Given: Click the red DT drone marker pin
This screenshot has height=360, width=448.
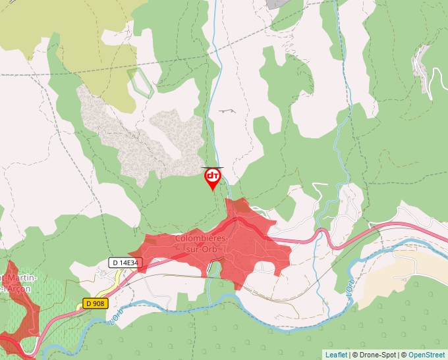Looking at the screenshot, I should click(x=213, y=178).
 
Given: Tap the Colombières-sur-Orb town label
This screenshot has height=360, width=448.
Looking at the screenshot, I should click(x=202, y=242).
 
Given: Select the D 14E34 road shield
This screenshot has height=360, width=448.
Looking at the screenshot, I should click(x=124, y=263).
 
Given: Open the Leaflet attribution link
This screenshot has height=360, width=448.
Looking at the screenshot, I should click(x=336, y=355).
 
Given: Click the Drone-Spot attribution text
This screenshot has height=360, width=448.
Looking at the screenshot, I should click(x=374, y=355).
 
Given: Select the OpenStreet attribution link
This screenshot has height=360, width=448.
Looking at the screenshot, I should click(x=427, y=355).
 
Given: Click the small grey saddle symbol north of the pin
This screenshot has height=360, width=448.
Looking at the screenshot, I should click(x=227, y=111).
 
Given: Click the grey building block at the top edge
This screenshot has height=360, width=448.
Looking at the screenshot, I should click(x=277, y=3).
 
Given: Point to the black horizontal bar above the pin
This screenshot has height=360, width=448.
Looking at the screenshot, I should click(x=213, y=168).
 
